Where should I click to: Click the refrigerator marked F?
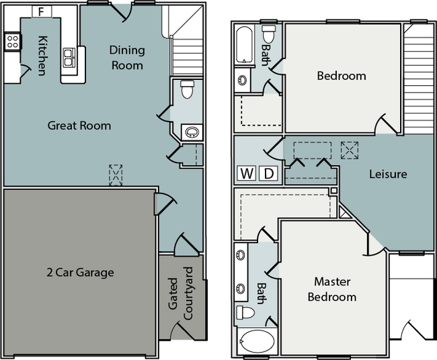(x=42, y=11)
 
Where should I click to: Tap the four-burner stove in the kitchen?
(x=13, y=42)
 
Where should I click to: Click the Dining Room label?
(x=127, y=58)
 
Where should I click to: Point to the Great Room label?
(x=79, y=126)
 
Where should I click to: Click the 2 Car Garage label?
(x=80, y=272)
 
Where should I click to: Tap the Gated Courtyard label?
(x=180, y=294)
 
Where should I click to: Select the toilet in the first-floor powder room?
(x=187, y=89)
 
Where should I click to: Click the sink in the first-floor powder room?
(x=192, y=132)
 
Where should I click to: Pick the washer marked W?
(x=246, y=173)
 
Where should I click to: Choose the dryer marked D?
(x=268, y=173)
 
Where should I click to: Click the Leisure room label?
(x=388, y=175)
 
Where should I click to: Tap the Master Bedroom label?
(x=332, y=289)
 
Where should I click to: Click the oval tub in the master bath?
(x=257, y=341)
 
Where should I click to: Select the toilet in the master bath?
(x=245, y=312)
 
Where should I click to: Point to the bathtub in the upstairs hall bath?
(x=245, y=45)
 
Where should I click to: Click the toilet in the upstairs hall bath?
(x=269, y=34)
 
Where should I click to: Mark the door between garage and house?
(x=165, y=204)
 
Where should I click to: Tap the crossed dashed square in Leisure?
(x=350, y=150)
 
